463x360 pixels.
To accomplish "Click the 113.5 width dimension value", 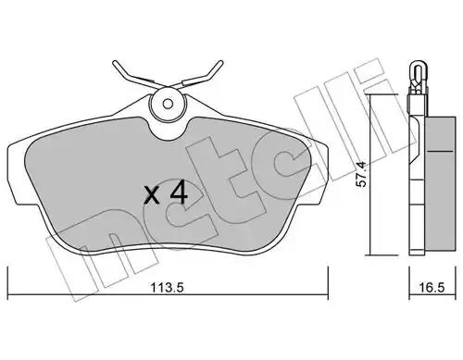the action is [167, 288].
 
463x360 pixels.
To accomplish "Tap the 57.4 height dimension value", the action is [361, 174].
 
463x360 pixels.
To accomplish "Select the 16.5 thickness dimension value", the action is [432, 288].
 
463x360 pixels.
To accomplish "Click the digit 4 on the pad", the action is [178, 192].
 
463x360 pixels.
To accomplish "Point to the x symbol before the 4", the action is [152, 196].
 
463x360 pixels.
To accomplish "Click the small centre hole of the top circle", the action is [168, 104].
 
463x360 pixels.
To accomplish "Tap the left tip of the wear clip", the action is [114, 62].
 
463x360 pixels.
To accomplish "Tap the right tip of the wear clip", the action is [220, 62].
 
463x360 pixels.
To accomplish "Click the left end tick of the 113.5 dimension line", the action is [7, 282].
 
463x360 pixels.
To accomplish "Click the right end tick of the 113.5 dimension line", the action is [328, 282].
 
